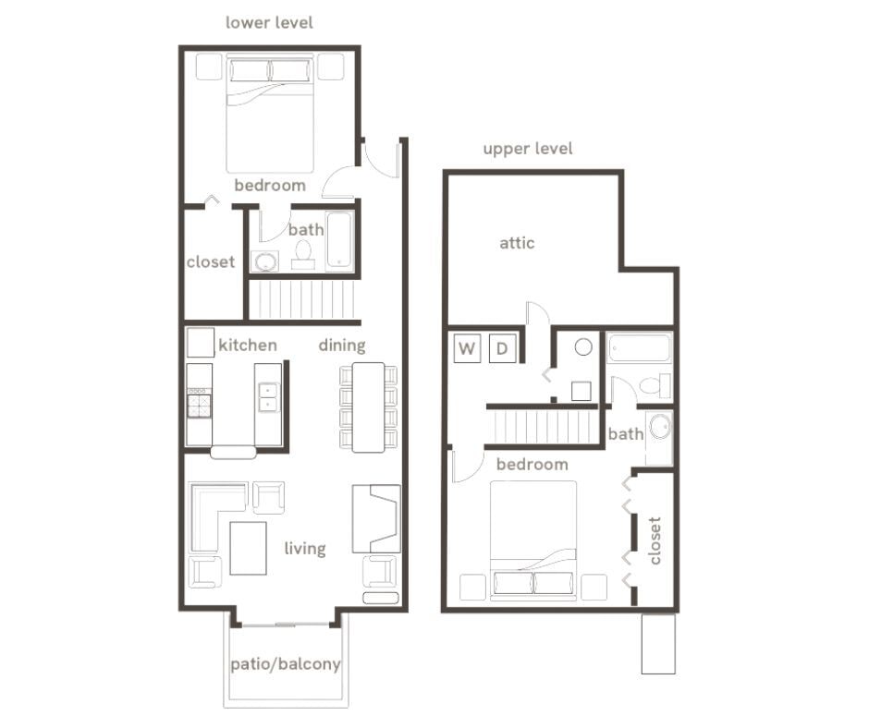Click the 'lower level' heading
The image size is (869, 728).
pyautogui.click(x=269, y=22)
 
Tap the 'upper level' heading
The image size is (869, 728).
pyautogui.click(x=527, y=149)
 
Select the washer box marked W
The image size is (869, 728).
pyautogui.click(x=468, y=348)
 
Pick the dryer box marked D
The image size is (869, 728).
pyautogui.click(x=502, y=348)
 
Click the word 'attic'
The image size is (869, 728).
pyautogui.click(x=517, y=243)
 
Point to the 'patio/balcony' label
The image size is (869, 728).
pyautogui.click(x=285, y=663)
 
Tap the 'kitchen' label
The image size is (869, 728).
pyautogui.click(x=247, y=346)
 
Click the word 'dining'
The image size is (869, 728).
pyautogui.click(x=342, y=346)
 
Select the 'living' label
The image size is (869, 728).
pyautogui.click(x=304, y=549)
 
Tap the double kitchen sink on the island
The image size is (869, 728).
pyautogui.click(x=268, y=396)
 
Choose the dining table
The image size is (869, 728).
pyautogui.click(x=368, y=406)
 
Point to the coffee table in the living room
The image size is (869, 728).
pyautogui.click(x=248, y=548)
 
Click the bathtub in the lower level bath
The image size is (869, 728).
pyautogui.click(x=339, y=242)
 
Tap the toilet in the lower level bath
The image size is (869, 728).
pyautogui.click(x=303, y=252)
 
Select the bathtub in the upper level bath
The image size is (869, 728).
pyautogui.click(x=639, y=348)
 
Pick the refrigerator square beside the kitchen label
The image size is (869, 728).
pyautogui.click(x=201, y=343)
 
